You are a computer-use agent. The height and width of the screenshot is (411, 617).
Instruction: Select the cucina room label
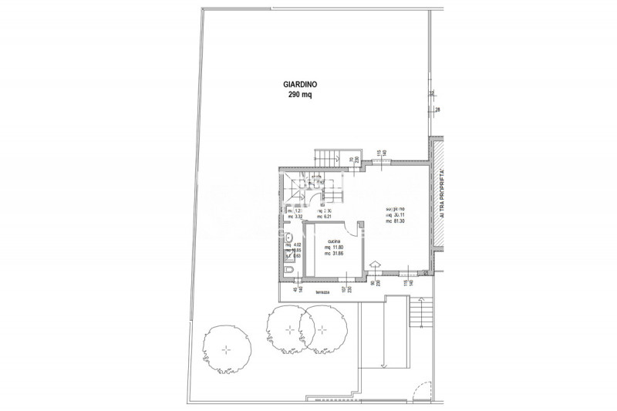pyautogui.click(x=333, y=240)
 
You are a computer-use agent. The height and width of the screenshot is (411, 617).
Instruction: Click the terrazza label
pyautogui.click(x=310, y=292)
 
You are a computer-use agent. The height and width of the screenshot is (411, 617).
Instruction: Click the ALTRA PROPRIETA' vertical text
pyautogui.click(x=442, y=197)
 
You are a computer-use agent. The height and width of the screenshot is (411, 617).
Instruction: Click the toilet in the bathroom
pyautogui.click(x=287, y=271)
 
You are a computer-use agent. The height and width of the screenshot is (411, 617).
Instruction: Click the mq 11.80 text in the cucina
pyautogui.click(x=333, y=247)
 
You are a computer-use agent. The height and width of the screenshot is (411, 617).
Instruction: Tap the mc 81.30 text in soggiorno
pyautogui.click(x=398, y=222)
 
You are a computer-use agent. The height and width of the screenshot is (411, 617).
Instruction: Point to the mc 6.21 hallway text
pyautogui.click(x=323, y=217)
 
